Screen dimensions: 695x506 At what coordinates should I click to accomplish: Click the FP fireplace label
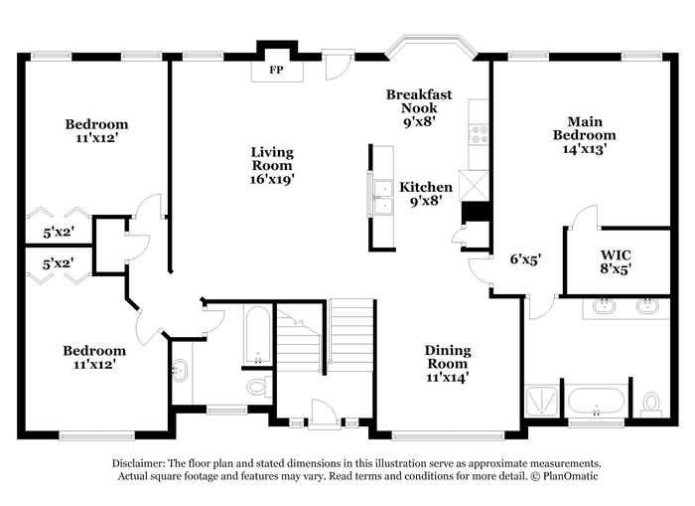[276, 70]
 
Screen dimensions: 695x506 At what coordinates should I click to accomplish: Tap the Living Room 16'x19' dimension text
[272, 179]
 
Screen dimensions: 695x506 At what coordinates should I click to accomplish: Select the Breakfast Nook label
[419, 100]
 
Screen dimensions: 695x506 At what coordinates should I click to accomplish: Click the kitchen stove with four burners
[480, 134]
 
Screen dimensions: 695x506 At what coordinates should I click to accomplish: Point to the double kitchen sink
[383, 198]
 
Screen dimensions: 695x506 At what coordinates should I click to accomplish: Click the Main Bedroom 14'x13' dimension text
[584, 149]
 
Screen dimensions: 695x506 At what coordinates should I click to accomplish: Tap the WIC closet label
[616, 255]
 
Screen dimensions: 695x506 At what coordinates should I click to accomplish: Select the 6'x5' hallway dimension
[525, 258]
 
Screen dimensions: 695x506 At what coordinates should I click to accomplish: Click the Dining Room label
[448, 357]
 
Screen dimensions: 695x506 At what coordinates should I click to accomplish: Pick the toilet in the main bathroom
[650, 405]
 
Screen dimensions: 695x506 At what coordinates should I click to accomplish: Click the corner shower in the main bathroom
[542, 402]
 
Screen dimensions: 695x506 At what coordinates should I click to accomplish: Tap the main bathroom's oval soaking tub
[596, 403]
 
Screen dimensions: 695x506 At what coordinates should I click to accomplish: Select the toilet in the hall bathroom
[259, 386]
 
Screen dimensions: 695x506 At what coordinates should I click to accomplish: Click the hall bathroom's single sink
[180, 371]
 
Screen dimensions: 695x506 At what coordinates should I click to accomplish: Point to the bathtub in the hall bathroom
[257, 334]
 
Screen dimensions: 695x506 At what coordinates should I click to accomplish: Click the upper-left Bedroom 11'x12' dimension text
[96, 138]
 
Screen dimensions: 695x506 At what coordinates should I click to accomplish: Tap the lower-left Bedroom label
[94, 351]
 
